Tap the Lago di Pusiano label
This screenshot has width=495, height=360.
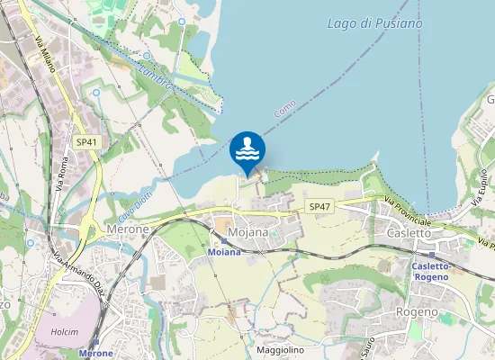(x=374, y=23)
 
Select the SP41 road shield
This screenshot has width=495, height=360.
(x=86, y=142)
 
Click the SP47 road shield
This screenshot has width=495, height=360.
(x=319, y=207)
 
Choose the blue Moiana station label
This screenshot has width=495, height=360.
(x=225, y=252)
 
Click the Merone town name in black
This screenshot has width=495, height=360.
(x=127, y=230)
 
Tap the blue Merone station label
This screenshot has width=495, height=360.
(x=96, y=354)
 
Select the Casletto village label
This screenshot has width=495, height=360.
(x=409, y=232)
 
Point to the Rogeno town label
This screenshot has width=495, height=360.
(x=417, y=311)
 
